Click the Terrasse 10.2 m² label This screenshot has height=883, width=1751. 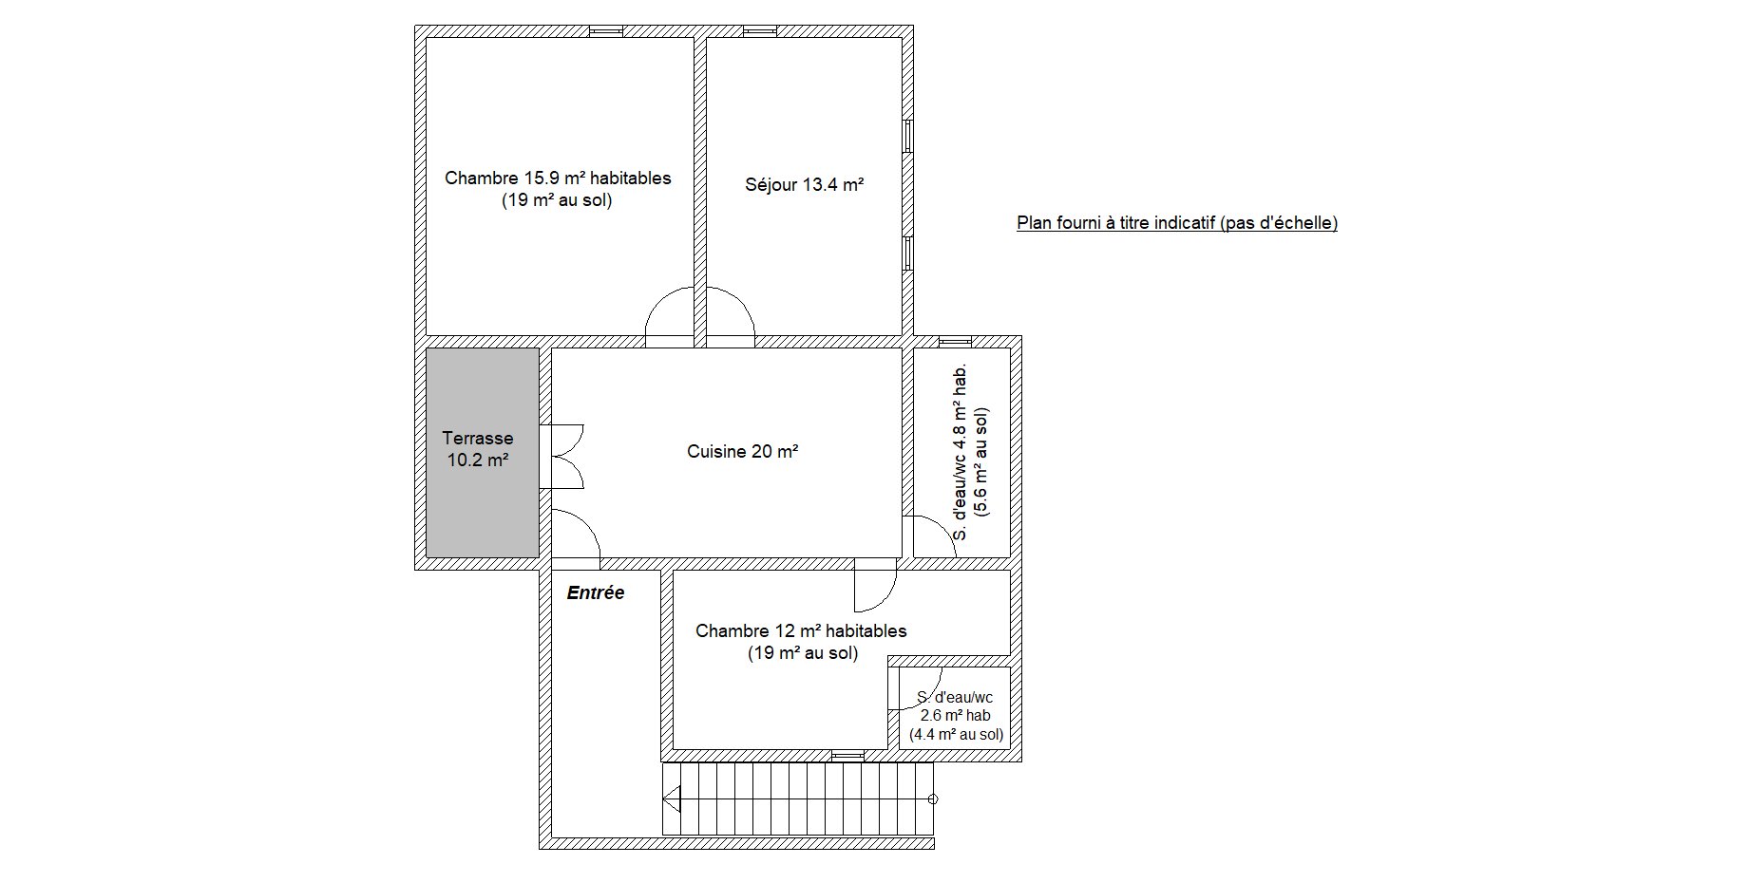click(x=478, y=449)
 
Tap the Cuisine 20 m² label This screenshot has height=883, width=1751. click(x=742, y=452)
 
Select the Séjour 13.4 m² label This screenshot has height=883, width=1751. click(x=804, y=185)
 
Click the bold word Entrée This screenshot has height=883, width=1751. click(x=596, y=592)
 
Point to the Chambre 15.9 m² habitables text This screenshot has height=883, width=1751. click(x=558, y=178)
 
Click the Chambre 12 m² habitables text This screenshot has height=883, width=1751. click(x=801, y=631)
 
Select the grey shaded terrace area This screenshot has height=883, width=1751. click(x=482, y=452)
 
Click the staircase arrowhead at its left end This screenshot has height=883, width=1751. click(x=672, y=799)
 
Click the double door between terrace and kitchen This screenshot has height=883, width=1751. click(x=561, y=457)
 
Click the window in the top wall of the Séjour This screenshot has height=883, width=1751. click(x=759, y=31)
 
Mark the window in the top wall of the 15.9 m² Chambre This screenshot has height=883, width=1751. click(x=605, y=31)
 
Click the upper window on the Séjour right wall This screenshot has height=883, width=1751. click(x=907, y=136)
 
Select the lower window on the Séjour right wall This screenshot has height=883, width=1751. click(x=907, y=254)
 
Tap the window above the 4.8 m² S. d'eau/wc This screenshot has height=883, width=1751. click(x=955, y=342)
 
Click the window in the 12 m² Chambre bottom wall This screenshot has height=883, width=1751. click(x=847, y=755)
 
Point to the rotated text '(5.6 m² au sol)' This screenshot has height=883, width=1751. click(x=982, y=461)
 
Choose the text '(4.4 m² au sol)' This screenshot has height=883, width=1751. click(x=956, y=734)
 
